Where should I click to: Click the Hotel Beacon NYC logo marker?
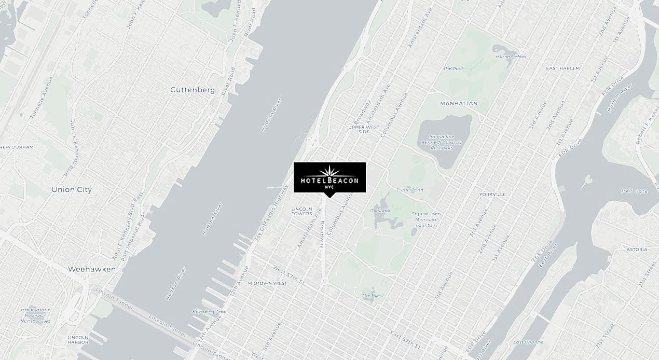[x=330, y=177]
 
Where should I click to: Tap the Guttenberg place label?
[x=192, y=90]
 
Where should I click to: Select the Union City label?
[x=72, y=189]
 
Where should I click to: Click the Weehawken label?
[x=92, y=269]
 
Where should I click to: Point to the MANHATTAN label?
[x=458, y=103]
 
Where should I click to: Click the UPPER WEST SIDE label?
[x=363, y=129]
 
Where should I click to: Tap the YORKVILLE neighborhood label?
[x=492, y=194]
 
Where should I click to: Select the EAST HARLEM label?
[x=563, y=68]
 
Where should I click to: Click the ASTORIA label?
[x=637, y=250]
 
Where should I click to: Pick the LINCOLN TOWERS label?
[x=302, y=211]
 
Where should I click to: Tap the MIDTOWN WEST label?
[x=267, y=283]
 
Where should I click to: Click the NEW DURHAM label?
[x=17, y=147]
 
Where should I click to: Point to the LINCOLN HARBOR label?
[x=78, y=340]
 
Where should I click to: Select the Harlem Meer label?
[x=511, y=56]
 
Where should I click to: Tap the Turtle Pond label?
[x=410, y=190]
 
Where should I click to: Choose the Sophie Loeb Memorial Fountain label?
[x=426, y=219]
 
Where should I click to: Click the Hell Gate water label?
[x=634, y=191]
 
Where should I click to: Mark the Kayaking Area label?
[x=209, y=311]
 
